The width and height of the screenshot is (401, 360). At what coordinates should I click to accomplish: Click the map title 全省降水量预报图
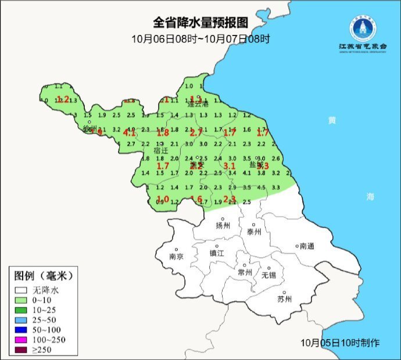pyautogui.click(x=201, y=23)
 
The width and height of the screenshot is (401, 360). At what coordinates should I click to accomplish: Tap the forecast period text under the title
pyautogui.click(x=201, y=39)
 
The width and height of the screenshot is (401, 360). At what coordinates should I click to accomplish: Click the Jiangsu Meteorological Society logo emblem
pyautogui.click(x=362, y=26)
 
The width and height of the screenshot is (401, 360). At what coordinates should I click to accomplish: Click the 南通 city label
pyautogui.click(x=306, y=246)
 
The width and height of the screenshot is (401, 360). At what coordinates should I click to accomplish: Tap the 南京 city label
pyautogui.click(x=176, y=256)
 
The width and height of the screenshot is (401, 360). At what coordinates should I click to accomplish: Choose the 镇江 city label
pyautogui.click(x=216, y=254)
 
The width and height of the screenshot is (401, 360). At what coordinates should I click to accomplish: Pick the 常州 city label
pyautogui.click(x=245, y=272)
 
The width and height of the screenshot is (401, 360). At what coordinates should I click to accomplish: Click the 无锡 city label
pyautogui.click(x=268, y=275)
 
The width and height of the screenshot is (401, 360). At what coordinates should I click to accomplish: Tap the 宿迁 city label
pyautogui.click(x=161, y=150)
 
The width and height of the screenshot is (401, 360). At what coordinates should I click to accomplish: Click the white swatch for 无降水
pyautogui.click(x=22, y=290)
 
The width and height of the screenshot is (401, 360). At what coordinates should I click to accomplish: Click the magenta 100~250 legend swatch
pyautogui.click(x=22, y=340)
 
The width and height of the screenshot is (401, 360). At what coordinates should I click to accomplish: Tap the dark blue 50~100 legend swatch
pyautogui.click(x=22, y=330)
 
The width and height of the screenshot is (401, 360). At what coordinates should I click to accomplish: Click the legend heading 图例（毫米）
pyautogui.click(x=44, y=275)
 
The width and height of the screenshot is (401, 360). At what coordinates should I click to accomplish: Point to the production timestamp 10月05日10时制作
pyautogui.click(x=340, y=343)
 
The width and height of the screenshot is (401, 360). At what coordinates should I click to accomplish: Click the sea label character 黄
pyautogui.click(x=332, y=120)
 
